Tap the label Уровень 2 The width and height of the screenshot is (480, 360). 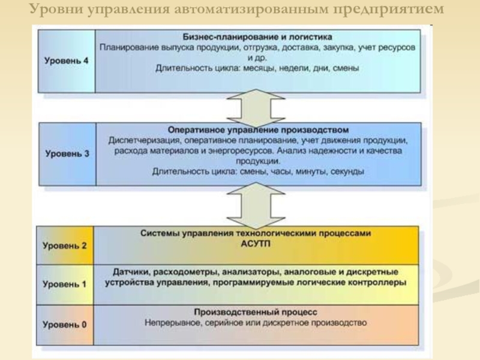[65, 245]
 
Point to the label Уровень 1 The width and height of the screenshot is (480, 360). [65, 284]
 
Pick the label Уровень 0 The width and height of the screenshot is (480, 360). [65, 324]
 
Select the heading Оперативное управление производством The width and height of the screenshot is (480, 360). [257, 129]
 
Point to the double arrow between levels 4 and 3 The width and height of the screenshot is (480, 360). [256, 106]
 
